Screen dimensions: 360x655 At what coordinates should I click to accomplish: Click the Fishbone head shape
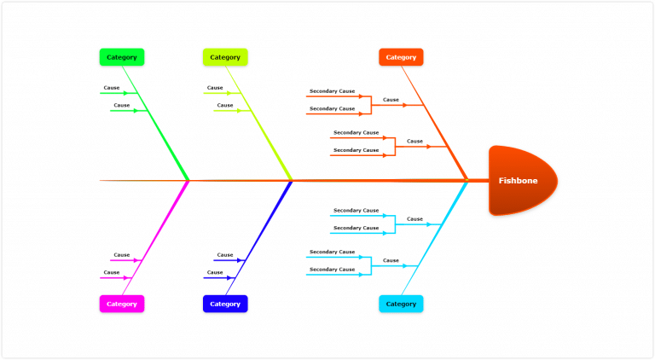(x=522, y=180)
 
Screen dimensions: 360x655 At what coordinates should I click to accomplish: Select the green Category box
(x=122, y=57)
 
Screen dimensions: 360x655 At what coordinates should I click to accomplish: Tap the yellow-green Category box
(x=225, y=57)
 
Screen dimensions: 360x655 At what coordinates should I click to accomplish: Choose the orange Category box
(x=401, y=57)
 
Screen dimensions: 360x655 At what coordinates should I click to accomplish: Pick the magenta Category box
(x=122, y=304)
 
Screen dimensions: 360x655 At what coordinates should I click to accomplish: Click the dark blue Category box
(x=225, y=304)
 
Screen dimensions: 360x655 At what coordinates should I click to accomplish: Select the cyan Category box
(x=401, y=304)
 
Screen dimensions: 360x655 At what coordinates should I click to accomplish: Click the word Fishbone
(x=519, y=181)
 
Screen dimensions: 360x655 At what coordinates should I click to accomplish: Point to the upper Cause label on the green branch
(x=112, y=88)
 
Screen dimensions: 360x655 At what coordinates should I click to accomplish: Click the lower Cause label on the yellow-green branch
(x=224, y=105)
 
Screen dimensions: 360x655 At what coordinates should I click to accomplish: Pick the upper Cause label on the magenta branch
(x=122, y=255)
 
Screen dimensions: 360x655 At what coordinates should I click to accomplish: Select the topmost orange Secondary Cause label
(x=332, y=91)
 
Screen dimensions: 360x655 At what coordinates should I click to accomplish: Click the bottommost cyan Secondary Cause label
(x=332, y=270)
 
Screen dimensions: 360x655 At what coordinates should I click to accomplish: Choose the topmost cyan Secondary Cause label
(x=356, y=210)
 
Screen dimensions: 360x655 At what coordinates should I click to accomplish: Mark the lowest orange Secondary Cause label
(x=356, y=150)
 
